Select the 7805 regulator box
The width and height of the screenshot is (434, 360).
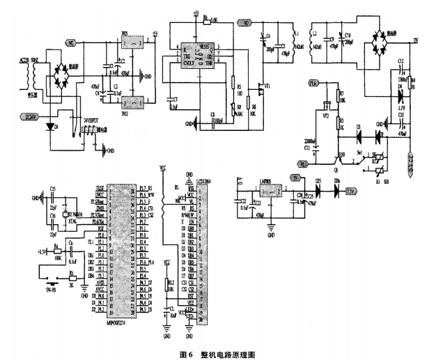point(129,44)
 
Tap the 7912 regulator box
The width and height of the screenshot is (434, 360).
point(129,102)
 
